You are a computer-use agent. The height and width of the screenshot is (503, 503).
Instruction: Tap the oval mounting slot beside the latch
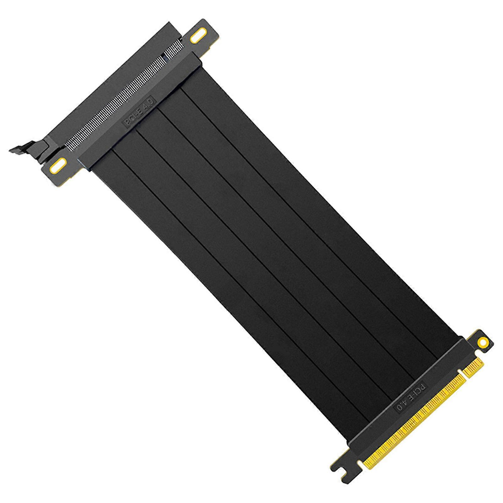(59, 165)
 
